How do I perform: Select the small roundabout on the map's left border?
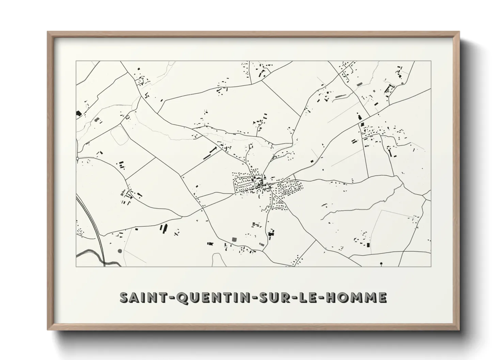click(x=78, y=159)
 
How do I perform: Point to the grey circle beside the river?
click(x=120, y=251)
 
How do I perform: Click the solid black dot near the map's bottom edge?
click(x=381, y=263)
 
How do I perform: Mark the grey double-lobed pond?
click(x=98, y=120)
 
